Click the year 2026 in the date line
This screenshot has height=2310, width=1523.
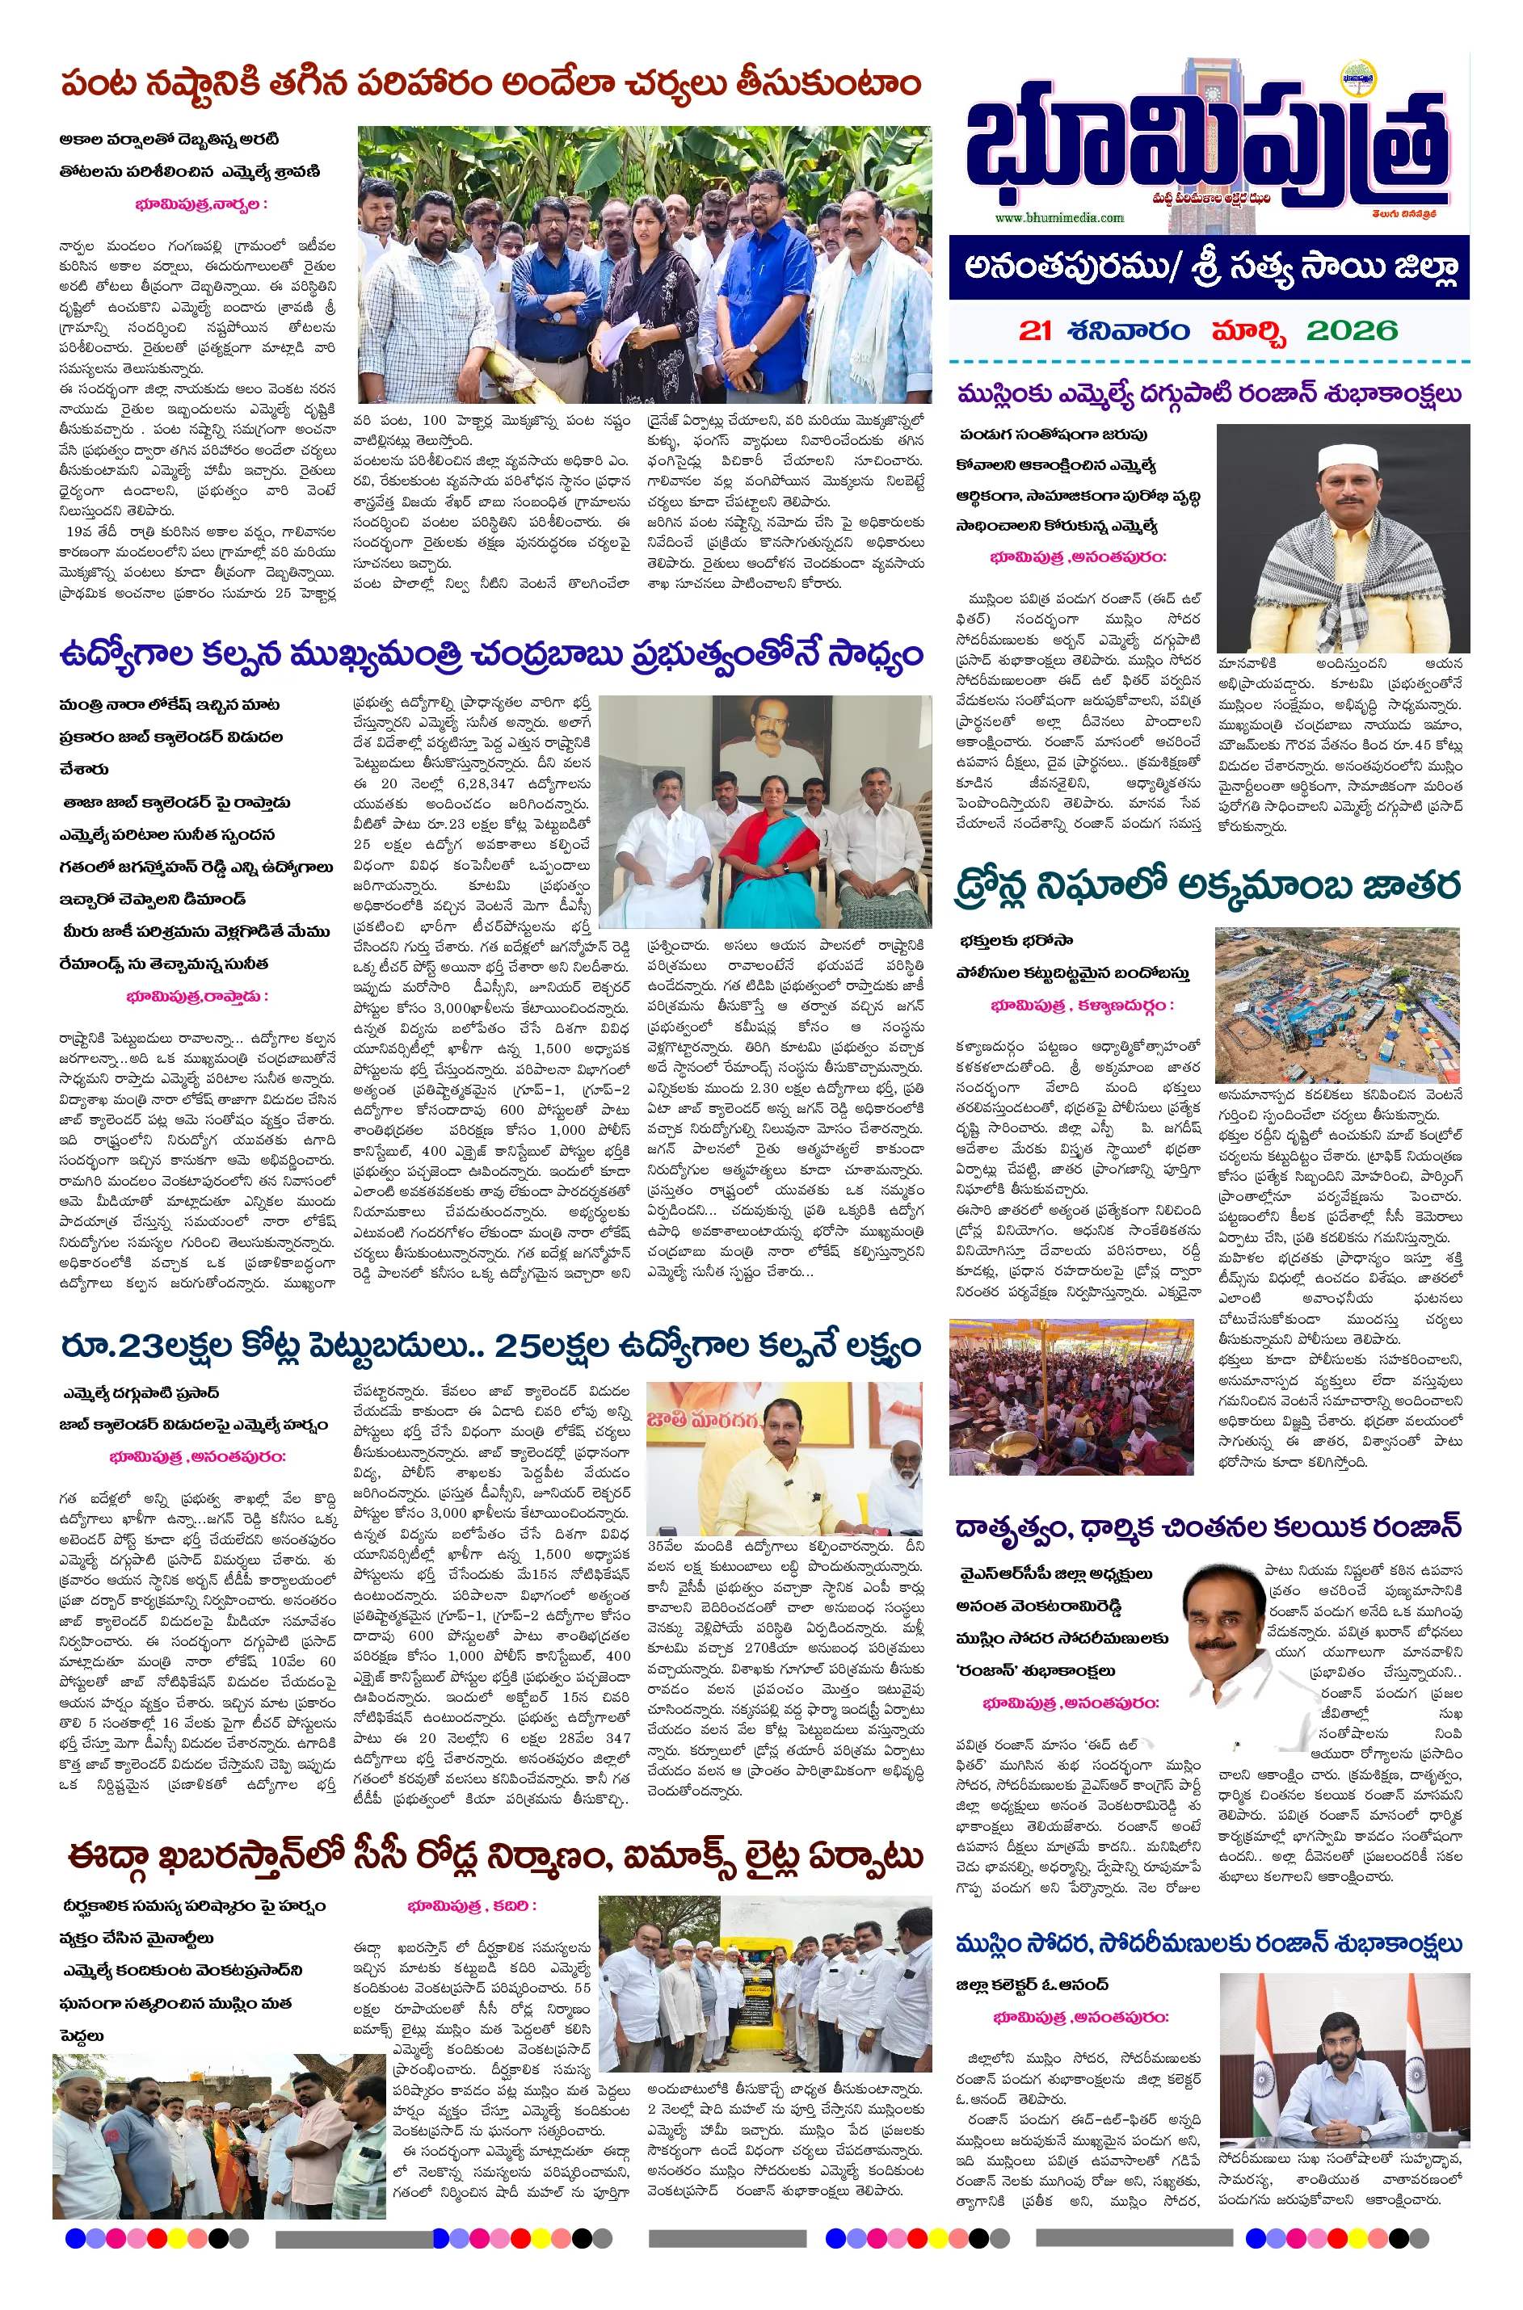coord(1351,330)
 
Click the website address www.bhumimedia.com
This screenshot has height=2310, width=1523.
coord(1058,217)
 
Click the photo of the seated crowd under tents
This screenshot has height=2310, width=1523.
coord(1071,1397)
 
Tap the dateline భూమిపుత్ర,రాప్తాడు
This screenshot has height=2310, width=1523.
coord(196,996)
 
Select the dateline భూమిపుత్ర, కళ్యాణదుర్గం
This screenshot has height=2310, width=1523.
coord(1081,1005)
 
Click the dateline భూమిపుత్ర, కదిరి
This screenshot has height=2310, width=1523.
coord(471,1905)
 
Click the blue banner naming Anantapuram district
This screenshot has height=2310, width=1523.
coord(1208,267)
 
